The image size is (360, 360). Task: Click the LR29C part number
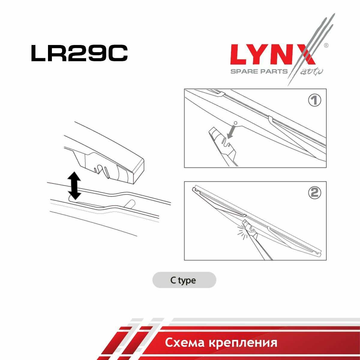point(79,53)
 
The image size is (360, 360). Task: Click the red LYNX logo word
point(273,55)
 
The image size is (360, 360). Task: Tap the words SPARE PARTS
point(259,71)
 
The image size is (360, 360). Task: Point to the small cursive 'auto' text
point(311,72)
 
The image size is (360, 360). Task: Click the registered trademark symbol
point(326,45)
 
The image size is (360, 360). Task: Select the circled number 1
point(315,100)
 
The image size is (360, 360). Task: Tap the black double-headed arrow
point(74,185)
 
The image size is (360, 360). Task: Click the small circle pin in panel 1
point(236,123)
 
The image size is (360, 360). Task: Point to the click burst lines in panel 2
point(242,230)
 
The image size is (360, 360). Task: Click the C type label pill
point(184,280)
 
